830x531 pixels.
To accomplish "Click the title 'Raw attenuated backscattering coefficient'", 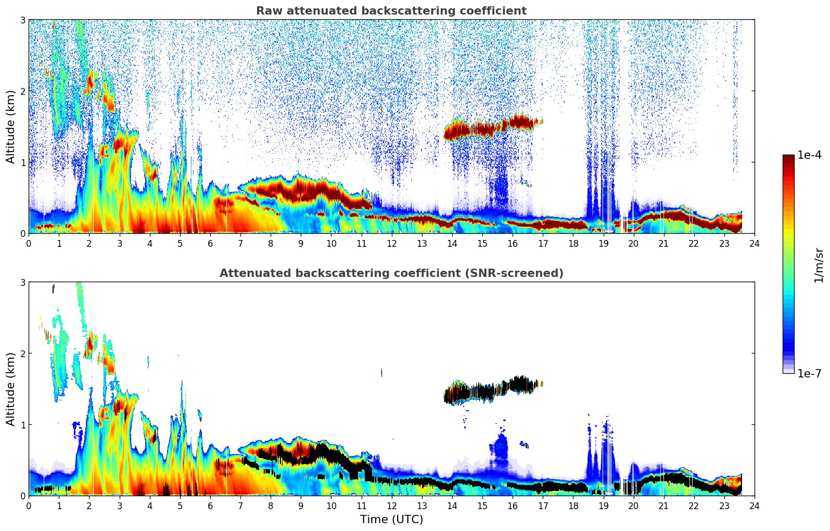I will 391,11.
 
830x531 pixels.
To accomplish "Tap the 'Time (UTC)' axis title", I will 391,520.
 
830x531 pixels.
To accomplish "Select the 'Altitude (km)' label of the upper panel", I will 11,127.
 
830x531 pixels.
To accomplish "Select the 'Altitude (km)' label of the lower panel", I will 11,389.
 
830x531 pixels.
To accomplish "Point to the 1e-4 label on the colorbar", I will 809,155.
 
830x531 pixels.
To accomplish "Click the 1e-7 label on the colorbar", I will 809,373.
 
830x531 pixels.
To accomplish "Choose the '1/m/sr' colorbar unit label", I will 819,264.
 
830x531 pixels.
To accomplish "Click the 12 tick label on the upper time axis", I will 391,244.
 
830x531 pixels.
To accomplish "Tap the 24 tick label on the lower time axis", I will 754,506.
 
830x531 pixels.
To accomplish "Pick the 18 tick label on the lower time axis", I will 573,506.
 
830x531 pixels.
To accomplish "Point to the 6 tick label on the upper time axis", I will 210,244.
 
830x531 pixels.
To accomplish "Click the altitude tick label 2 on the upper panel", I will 22,91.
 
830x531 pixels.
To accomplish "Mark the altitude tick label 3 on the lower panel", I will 22,282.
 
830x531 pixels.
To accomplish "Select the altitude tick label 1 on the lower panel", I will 22,425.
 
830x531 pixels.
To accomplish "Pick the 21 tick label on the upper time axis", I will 663,244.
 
